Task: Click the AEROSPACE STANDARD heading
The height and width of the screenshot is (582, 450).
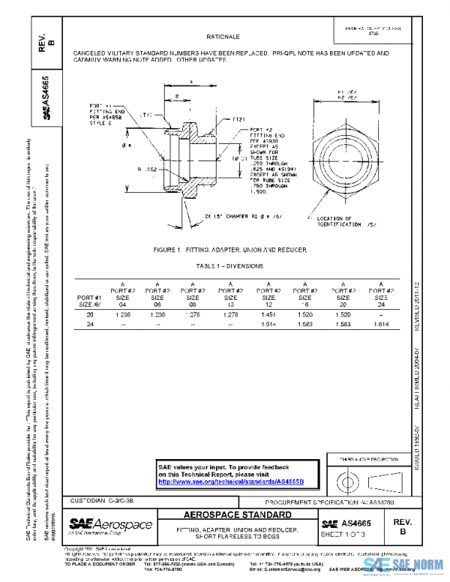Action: pos(238,515)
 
